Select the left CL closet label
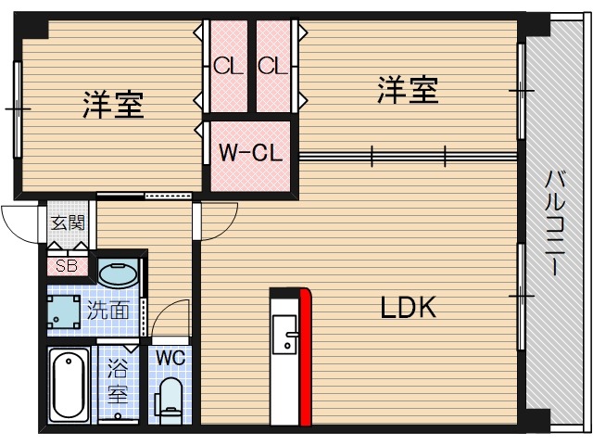(226, 66)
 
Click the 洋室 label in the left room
(113, 105)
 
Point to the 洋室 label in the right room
(408, 91)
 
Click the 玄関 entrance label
(67, 222)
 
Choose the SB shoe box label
(67, 266)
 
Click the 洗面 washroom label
(108, 311)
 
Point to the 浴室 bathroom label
(118, 380)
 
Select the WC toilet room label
(170, 357)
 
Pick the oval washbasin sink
(118, 274)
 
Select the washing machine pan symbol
(67, 310)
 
